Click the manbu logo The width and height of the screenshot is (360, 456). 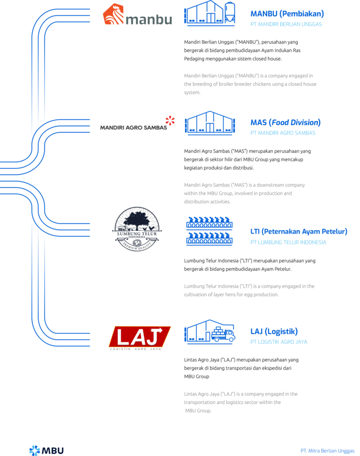pos(137,15)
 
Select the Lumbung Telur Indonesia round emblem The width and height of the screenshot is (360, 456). pos(137,229)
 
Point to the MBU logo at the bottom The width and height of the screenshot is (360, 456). pos(46,450)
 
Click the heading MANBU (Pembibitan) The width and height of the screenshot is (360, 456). pos(287,14)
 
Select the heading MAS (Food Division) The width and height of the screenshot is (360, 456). pos(285,122)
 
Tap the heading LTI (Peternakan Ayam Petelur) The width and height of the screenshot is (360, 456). pos(299,231)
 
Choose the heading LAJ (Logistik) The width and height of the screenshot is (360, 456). pos(274,331)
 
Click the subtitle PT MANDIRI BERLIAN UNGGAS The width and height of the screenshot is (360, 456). pos(286,24)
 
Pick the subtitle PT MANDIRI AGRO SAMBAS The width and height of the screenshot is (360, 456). pos(283,133)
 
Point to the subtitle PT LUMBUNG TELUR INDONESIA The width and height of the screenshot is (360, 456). pos(288,243)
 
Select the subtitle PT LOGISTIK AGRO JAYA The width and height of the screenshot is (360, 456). pos(279,342)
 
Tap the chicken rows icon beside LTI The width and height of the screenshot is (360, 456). pos(210,230)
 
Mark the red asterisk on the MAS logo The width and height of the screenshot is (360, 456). pos(170,121)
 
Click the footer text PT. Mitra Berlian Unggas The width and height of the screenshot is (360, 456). pos(327,450)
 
